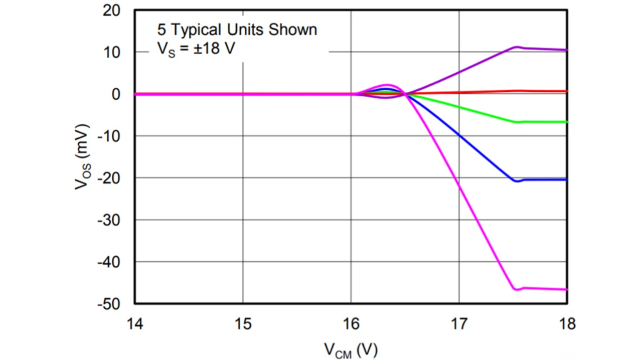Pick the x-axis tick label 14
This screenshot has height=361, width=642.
[x=135, y=324]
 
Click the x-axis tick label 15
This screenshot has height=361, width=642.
[x=243, y=324]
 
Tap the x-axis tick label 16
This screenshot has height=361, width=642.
[x=351, y=324]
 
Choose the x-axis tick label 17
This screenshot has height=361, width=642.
[x=459, y=324]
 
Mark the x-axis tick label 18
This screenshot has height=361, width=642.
[x=567, y=324]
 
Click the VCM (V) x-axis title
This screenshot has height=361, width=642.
[x=351, y=349]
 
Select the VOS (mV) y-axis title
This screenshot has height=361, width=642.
[x=83, y=156]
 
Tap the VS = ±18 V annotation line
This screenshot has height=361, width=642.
[x=196, y=50]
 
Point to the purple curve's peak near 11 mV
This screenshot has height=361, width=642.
[x=517, y=47]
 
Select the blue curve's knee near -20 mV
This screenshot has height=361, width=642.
[x=517, y=181]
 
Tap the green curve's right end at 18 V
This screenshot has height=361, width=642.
[x=566, y=122]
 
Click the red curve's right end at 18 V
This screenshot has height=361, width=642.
[x=566, y=91]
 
